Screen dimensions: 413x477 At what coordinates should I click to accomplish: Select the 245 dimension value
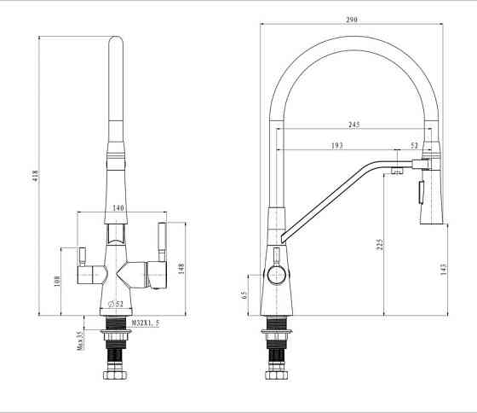click(353, 125)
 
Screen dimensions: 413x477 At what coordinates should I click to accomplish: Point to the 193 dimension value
click(337, 146)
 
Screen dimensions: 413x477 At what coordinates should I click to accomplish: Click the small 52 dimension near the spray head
click(415, 146)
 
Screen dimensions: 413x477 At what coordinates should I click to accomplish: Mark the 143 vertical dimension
click(443, 270)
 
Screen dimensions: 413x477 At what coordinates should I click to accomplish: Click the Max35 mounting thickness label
click(80, 340)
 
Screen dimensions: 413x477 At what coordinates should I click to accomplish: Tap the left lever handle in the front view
click(83, 257)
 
